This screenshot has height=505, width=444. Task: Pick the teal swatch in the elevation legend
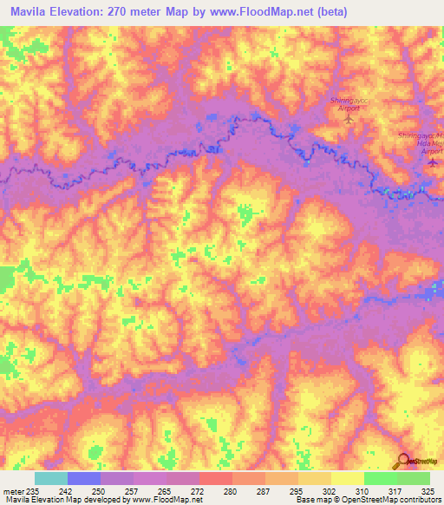click(x=51, y=478)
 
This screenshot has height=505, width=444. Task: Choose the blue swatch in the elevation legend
click(x=84, y=478)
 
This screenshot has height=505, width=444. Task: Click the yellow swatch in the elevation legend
click(x=347, y=478)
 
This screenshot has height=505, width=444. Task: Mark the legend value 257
click(x=134, y=490)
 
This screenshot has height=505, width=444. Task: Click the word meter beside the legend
click(x=14, y=490)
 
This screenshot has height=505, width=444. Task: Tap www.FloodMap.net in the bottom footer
click(x=170, y=500)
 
